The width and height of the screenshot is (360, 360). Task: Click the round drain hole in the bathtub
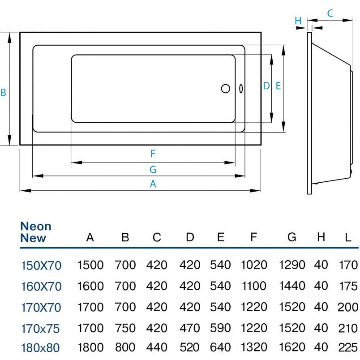[x=226, y=88]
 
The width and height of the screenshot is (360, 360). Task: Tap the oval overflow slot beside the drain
[x=241, y=89]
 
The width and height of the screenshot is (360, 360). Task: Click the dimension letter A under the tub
[x=153, y=184]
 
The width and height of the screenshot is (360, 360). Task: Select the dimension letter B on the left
[x=4, y=93]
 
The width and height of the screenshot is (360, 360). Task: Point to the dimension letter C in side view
[x=330, y=13]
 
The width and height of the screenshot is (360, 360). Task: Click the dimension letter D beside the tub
[x=266, y=86]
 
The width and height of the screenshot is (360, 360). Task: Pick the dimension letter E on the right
[x=278, y=86]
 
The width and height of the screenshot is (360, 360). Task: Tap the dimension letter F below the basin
[x=153, y=154]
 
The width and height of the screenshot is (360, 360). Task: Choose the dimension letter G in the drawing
[x=153, y=169]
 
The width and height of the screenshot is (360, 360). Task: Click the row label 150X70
[x=41, y=266]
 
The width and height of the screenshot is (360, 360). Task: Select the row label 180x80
[x=40, y=347]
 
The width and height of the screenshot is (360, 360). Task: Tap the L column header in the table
[x=348, y=237]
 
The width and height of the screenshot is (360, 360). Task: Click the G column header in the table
[x=292, y=237]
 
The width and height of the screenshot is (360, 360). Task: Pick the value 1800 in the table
[x=90, y=347]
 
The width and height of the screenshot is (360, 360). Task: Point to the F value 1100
[x=254, y=286]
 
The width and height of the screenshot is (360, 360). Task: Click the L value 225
[x=348, y=347]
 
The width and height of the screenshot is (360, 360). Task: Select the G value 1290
[x=292, y=265]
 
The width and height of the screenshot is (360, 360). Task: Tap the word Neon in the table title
[x=36, y=226]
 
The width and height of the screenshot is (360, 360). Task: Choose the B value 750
[x=125, y=328]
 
